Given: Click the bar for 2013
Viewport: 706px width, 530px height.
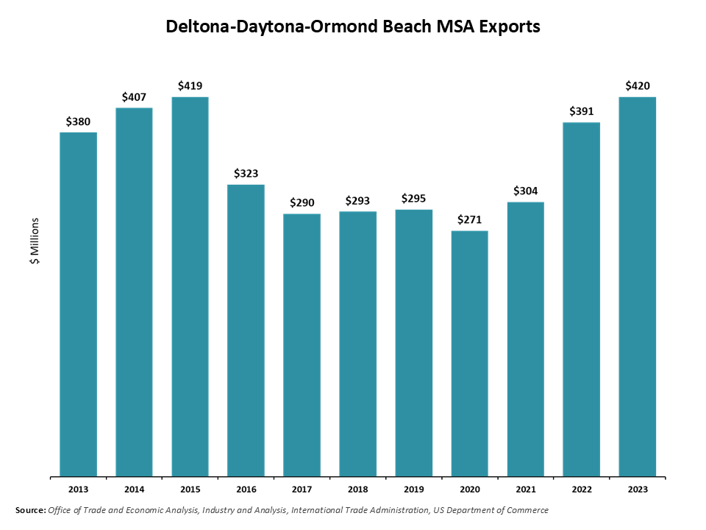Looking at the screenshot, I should (78, 304).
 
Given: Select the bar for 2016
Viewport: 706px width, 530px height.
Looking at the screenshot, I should (246, 331).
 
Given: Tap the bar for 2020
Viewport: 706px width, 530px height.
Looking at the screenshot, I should (469, 353).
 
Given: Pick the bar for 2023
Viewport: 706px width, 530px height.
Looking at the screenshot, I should (637, 286).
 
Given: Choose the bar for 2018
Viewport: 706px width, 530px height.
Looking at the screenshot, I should (357, 344).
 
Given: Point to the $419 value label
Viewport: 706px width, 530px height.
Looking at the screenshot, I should (190, 86).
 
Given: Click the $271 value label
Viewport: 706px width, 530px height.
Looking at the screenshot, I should (469, 219).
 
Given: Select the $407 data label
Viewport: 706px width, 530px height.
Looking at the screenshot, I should (134, 96).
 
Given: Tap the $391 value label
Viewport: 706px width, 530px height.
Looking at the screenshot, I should (581, 111).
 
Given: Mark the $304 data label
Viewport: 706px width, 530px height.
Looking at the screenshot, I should (525, 191).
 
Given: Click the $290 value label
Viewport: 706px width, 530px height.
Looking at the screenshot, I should (302, 202).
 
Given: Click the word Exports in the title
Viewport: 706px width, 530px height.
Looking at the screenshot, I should (509, 27).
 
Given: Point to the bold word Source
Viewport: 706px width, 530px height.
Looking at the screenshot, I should (30, 510).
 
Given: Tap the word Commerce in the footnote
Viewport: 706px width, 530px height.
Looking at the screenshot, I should (529, 510).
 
